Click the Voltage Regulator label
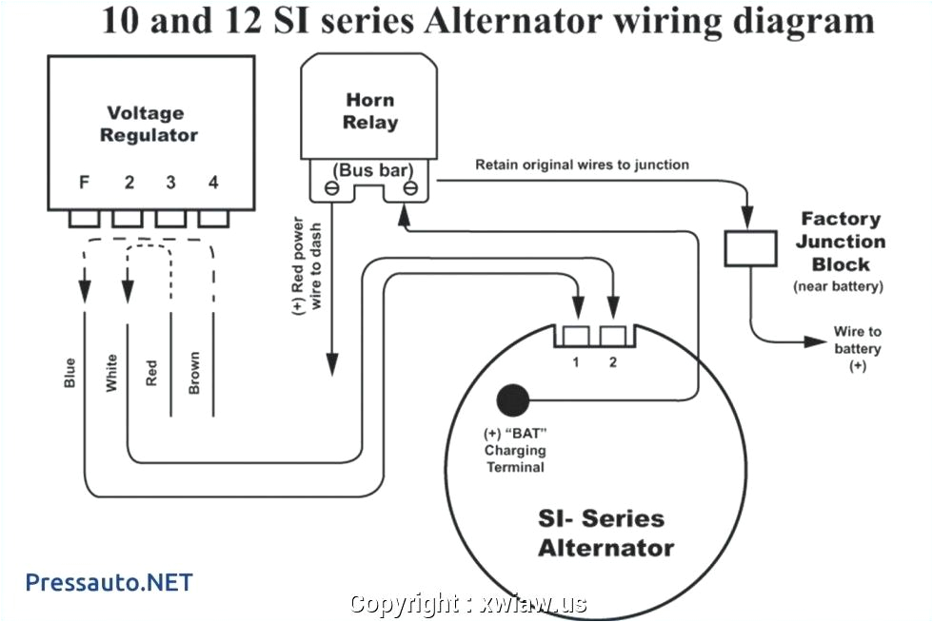point(149,125)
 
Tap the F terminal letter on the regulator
point(85,183)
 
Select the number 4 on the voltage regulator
point(213,183)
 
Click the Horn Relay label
point(370,111)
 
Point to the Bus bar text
point(370,170)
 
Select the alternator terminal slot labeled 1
point(577,336)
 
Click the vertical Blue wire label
point(69,372)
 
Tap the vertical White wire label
point(111,373)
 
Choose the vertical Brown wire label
point(194,373)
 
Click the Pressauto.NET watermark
point(109,581)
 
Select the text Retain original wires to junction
point(582,165)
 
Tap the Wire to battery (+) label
point(858,348)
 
